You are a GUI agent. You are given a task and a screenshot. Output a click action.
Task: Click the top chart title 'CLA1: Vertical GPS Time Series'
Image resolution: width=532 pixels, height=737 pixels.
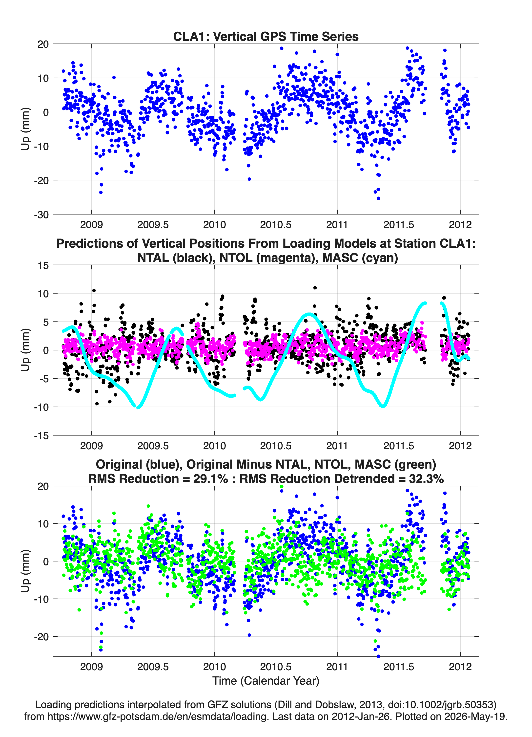click(x=266, y=36)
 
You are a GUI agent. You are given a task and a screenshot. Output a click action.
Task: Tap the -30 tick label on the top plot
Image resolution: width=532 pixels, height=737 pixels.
click(x=41, y=215)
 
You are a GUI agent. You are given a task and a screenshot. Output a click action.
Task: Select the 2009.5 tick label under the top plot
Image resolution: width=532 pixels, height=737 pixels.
click(x=153, y=225)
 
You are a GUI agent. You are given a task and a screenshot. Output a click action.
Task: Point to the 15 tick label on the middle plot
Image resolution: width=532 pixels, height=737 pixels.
click(x=43, y=265)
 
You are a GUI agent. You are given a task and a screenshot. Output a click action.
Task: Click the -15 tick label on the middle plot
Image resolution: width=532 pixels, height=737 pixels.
click(x=41, y=435)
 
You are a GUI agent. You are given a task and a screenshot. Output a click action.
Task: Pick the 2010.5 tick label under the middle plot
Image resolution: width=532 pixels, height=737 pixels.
click(x=276, y=446)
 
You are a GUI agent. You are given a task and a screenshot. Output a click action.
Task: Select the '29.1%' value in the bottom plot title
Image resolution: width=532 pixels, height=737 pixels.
click(x=210, y=479)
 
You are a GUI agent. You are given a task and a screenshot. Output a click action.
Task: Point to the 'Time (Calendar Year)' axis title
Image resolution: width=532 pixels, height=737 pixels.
click(x=266, y=681)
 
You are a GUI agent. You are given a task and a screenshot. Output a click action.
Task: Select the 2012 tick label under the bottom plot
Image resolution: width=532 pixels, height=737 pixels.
click(x=460, y=667)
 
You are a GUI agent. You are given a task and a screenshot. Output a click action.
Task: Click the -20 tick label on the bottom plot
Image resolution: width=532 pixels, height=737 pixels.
click(x=41, y=637)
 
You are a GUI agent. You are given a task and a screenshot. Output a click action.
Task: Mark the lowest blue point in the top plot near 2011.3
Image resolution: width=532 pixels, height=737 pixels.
click(x=378, y=198)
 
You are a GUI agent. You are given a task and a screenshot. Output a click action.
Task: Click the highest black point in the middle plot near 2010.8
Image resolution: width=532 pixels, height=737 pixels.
click(x=315, y=288)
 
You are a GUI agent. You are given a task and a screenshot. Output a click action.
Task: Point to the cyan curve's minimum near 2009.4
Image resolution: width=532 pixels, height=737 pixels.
click(x=138, y=407)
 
